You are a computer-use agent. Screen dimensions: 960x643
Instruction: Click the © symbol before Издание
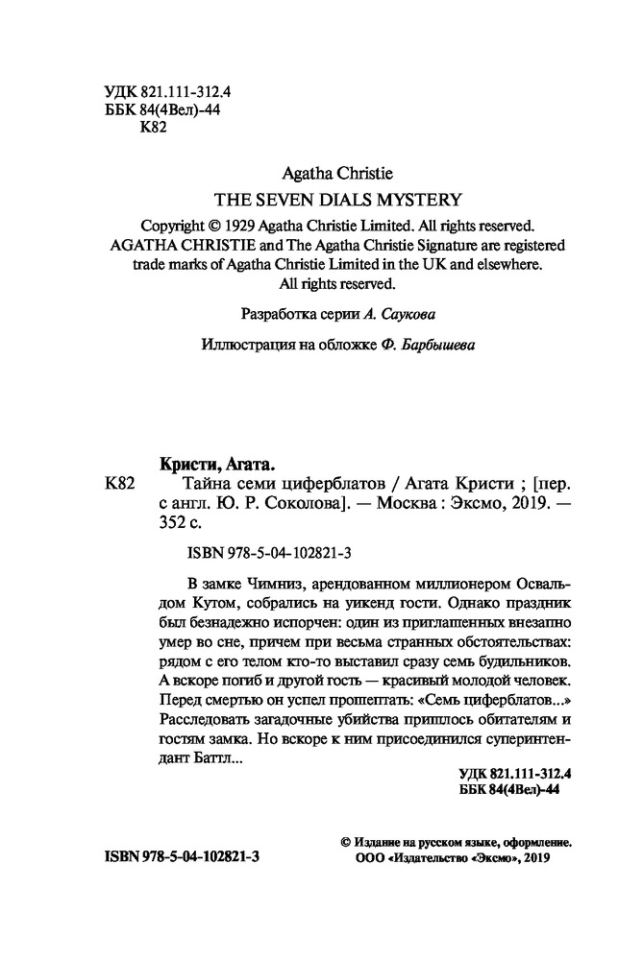point(346,841)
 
